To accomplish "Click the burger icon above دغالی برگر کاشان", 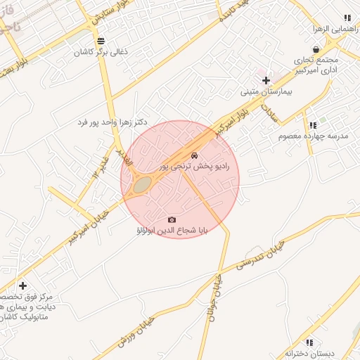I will [102, 41].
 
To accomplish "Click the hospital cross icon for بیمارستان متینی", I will [265, 80].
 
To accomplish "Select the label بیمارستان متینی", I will [265, 91].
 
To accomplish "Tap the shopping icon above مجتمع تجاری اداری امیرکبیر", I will [317, 50].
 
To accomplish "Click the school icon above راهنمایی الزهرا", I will [346, 18].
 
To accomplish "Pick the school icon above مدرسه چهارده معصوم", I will [312, 124].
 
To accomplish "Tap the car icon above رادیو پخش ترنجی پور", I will [194, 155].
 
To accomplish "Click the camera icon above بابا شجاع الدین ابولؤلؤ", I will [172, 219].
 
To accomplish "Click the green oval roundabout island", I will [143, 184].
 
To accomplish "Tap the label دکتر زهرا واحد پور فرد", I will [112, 122].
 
